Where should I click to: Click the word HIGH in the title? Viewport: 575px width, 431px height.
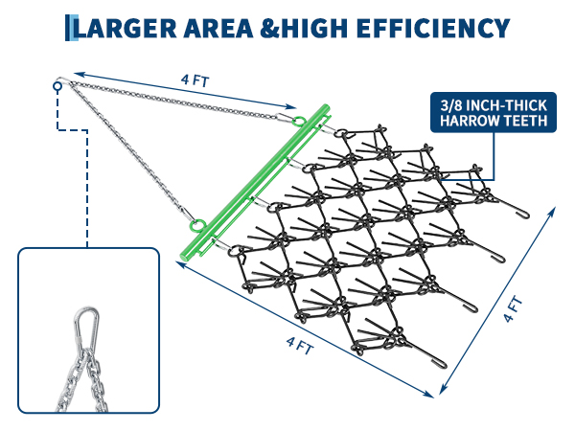314,28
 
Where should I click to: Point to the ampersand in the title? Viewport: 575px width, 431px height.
270,28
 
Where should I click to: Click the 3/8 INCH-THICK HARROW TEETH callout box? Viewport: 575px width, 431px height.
494,112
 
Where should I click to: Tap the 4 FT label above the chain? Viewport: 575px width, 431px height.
195,80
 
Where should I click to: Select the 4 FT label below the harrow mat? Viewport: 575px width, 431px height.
300,346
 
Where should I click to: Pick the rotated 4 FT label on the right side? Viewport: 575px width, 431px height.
513,308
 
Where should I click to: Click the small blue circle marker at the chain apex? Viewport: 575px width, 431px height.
57,86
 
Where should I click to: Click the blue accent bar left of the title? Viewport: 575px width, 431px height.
71,28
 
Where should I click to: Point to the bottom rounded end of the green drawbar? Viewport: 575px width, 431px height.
185,256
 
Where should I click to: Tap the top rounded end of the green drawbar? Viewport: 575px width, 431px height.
325,107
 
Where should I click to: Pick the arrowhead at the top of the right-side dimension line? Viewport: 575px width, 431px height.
552,212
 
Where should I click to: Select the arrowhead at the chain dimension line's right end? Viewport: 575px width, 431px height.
291,106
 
